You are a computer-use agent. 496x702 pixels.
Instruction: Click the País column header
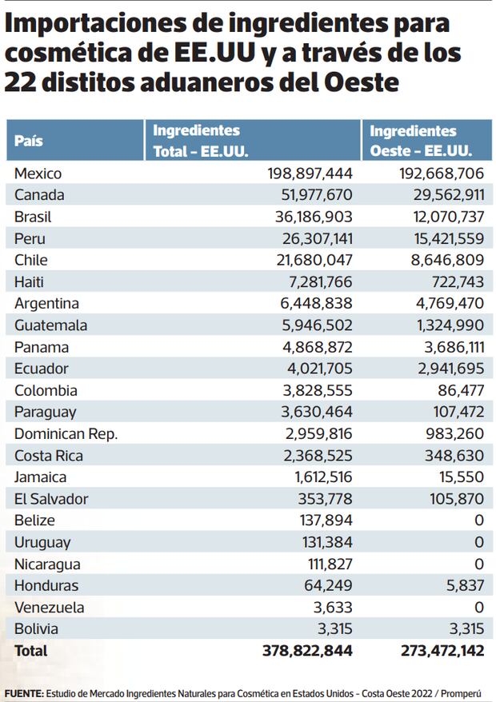29,142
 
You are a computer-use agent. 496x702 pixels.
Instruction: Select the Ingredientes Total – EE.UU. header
200,141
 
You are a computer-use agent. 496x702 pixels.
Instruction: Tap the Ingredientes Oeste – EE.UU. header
419,141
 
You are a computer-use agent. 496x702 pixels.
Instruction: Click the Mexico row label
38,174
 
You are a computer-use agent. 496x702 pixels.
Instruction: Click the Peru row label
30,238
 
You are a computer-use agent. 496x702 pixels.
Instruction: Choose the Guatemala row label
50,325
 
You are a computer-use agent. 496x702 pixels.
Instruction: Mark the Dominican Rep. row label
66,434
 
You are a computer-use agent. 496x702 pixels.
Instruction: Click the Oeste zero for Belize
478,521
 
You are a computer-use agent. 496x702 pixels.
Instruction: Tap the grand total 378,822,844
307,651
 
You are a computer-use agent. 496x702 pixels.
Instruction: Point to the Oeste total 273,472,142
442,651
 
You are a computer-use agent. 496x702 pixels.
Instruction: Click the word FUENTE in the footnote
23,692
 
